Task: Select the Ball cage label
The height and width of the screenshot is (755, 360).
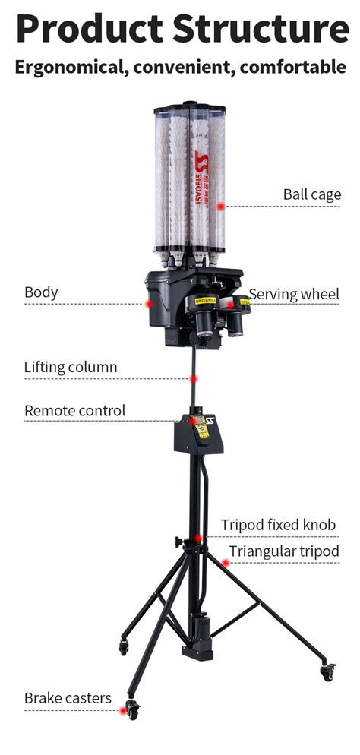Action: click(x=312, y=194)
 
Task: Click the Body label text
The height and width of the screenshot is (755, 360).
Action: click(x=41, y=292)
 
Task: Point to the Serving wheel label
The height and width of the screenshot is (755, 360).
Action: click(x=294, y=294)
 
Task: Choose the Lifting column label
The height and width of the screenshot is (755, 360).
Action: click(x=71, y=367)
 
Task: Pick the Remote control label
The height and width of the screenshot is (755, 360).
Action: click(x=74, y=410)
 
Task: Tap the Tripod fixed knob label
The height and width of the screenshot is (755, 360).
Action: click(x=278, y=525)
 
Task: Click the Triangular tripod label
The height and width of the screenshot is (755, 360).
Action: click(x=284, y=551)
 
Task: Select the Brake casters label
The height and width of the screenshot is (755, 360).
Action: click(x=68, y=697)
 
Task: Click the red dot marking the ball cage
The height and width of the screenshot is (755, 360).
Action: click(x=220, y=206)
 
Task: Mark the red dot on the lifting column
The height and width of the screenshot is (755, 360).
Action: click(x=194, y=378)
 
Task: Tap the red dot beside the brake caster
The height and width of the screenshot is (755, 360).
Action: click(x=122, y=711)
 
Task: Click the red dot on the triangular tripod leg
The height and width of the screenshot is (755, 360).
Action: click(x=225, y=563)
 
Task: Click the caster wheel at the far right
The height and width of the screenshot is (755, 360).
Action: click(x=328, y=672)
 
